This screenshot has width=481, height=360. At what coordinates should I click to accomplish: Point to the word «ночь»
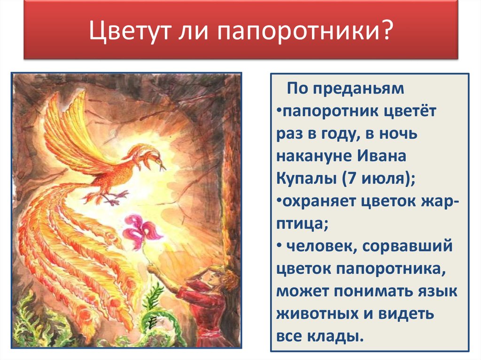point(398,133)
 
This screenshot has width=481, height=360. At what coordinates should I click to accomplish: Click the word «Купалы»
point(306,178)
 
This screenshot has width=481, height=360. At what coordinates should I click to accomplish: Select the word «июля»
point(384,178)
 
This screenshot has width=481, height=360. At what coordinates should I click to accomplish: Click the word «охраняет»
point(318,201)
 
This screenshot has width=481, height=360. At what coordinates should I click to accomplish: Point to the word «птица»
point(300,224)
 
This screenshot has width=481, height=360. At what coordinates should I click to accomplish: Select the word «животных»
point(324,314)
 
